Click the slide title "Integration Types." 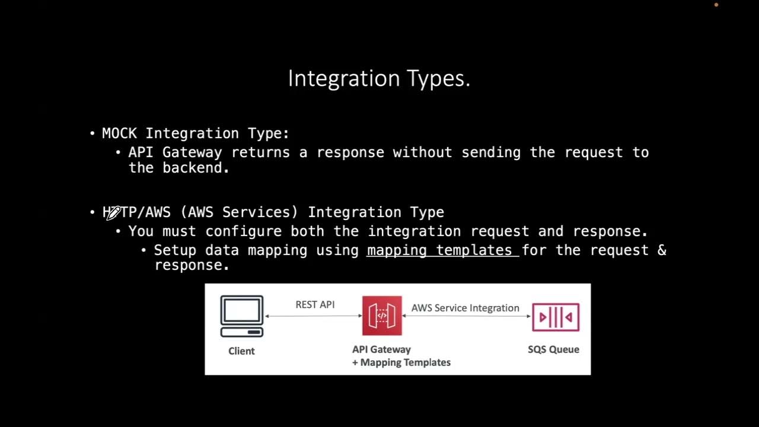pos(379,78)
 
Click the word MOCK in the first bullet pos(119,133)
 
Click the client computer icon pos(242,316)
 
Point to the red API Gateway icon pos(382,316)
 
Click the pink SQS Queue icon pos(555,317)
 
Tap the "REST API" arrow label pos(315,304)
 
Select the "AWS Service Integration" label pos(465,308)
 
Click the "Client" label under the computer pos(241,351)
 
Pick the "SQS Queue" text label pos(553,349)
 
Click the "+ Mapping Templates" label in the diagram pos(401,362)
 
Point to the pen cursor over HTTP pos(113,213)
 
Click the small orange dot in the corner pos(716,5)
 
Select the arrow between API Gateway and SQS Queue pos(466,316)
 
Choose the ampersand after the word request pos(662,250)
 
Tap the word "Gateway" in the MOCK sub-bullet pos(192,152)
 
